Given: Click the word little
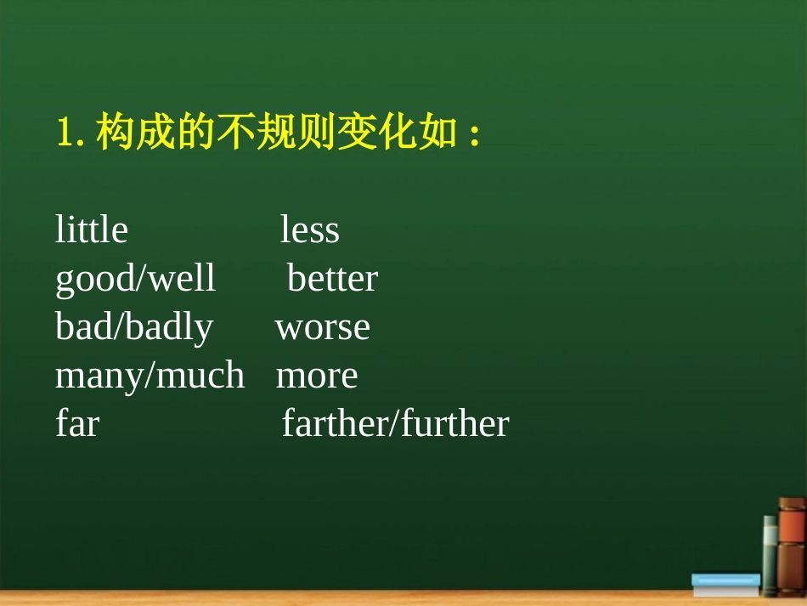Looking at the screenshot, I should tap(91, 230).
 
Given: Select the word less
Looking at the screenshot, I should tap(310, 230).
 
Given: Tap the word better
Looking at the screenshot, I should tap(332, 279).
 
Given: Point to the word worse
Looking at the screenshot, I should tap(323, 328).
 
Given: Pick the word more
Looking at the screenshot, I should tap(317, 377).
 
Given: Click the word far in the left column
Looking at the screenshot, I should tap(76, 424).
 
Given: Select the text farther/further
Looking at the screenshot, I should tap(395, 424).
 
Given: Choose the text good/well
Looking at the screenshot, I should tap(135, 280).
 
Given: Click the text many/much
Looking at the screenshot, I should tap(150, 377).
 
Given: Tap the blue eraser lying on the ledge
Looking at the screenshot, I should tap(725, 583).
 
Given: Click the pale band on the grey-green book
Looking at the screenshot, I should tap(769, 535).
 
